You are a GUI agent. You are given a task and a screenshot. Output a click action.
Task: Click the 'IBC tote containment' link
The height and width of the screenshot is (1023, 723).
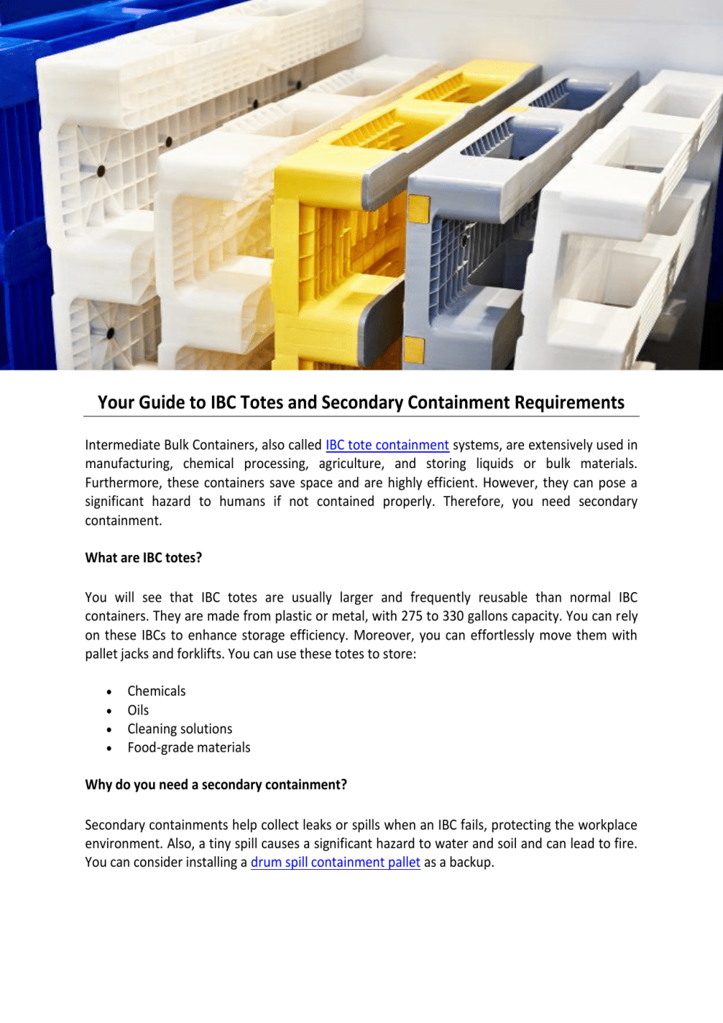[x=387, y=445]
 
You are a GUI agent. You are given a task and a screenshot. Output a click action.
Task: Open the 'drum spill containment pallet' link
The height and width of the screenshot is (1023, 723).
[x=335, y=862]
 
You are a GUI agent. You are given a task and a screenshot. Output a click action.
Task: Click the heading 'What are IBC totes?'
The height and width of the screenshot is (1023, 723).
[x=144, y=558]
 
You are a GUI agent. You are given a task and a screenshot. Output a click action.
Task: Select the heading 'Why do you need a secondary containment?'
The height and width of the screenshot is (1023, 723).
[x=216, y=785]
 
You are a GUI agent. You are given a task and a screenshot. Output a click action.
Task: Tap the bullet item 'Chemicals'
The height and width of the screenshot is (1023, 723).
[x=156, y=691]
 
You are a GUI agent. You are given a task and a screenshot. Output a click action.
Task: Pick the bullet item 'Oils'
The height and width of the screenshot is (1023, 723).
[x=138, y=710]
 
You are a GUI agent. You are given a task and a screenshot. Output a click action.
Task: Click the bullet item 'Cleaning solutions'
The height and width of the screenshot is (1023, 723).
[x=179, y=729]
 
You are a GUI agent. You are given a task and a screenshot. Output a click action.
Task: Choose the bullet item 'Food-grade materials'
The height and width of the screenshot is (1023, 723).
[x=189, y=747]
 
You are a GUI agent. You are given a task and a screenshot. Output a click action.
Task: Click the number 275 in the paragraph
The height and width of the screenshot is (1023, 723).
[x=413, y=616]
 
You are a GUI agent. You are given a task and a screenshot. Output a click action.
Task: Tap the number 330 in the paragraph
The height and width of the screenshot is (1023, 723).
[x=453, y=616]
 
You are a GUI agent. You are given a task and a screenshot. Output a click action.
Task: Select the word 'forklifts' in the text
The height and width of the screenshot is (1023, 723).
[x=199, y=654]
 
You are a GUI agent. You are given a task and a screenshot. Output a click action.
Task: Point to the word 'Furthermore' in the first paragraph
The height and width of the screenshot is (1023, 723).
[x=122, y=483]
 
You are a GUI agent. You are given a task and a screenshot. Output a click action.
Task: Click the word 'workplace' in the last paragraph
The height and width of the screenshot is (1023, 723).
[x=606, y=825]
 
